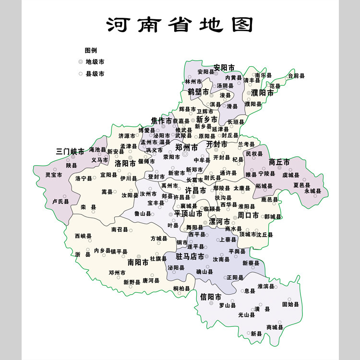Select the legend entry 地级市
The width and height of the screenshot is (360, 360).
click(95, 62)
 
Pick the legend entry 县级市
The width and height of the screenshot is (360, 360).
click(95, 74)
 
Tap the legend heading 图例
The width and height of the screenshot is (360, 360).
click(91, 50)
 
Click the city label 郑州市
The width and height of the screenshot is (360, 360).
click(186, 147)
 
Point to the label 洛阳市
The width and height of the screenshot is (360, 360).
click(125, 164)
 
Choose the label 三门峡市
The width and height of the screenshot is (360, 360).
click(70, 152)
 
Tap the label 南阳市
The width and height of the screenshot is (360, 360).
click(138, 263)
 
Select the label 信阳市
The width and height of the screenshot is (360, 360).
click(211, 297)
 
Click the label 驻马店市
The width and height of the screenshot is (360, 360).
click(190, 256)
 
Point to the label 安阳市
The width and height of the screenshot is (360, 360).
click(224, 67)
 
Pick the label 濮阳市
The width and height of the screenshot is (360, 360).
click(262, 93)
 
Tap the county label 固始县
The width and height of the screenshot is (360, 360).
click(290, 304)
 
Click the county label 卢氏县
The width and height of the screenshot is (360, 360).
click(60, 202)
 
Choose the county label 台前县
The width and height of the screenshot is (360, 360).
click(296, 76)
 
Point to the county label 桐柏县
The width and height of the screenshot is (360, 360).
click(181, 288)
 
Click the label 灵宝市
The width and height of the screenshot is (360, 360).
click(54, 175)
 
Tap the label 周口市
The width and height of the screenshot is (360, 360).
click(248, 216)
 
